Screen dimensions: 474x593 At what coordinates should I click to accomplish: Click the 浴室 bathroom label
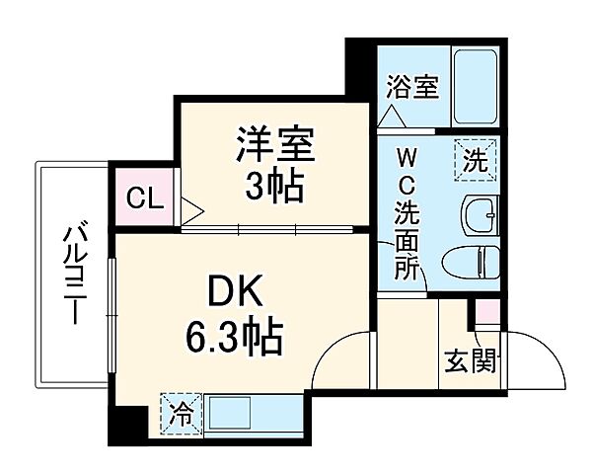coord(411,86)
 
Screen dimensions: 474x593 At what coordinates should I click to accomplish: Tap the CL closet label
coord(144,197)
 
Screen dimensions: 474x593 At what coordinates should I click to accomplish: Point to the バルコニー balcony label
coord(72,276)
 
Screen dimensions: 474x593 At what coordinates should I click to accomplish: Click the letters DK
coord(236,292)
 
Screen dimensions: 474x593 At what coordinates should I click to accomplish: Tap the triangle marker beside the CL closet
coord(190,209)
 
